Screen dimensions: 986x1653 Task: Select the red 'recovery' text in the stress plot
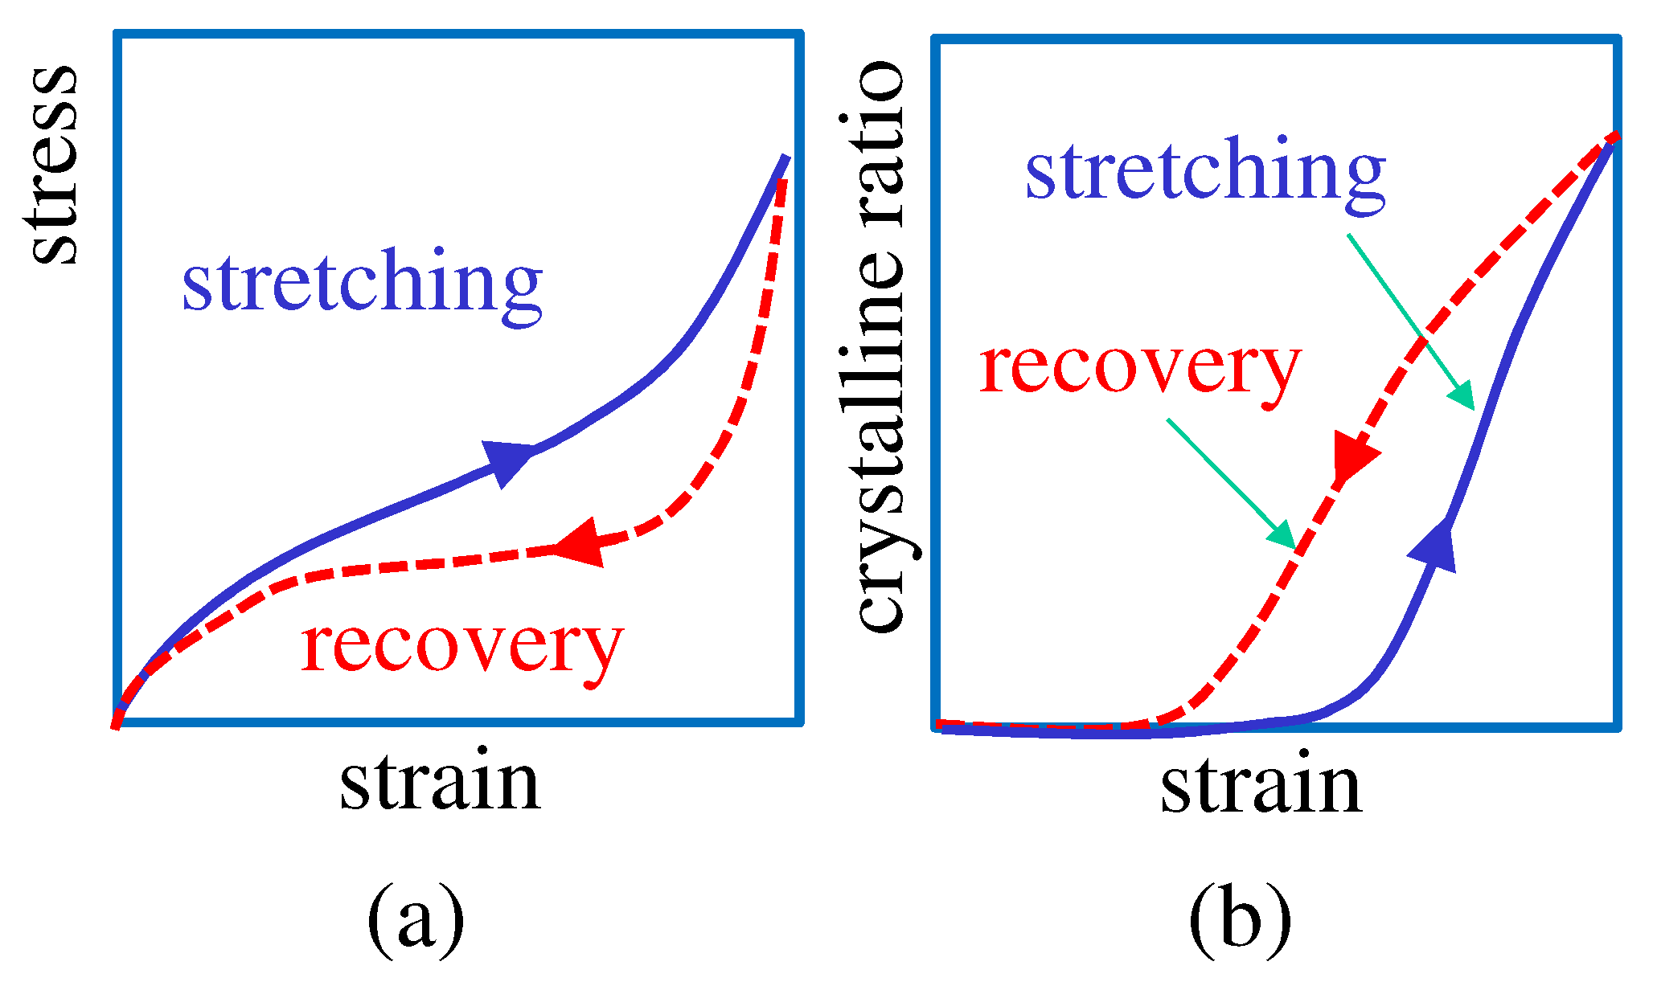[x=462, y=648]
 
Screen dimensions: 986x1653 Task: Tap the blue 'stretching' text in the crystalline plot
[x=1205, y=171]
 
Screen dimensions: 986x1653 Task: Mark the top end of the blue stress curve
[x=786, y=156]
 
